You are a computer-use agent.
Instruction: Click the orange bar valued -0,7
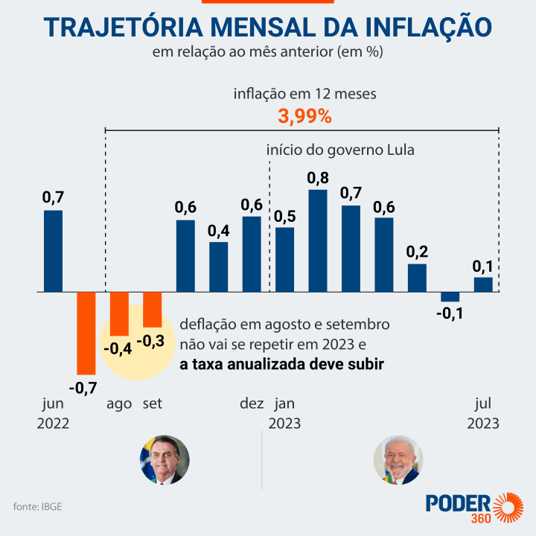point(86,333)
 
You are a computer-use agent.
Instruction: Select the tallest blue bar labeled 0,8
point(318,240)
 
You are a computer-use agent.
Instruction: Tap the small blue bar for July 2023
point(483,284)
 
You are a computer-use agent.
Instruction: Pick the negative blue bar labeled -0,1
point(450,296)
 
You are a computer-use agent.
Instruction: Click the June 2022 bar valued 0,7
point(53,251)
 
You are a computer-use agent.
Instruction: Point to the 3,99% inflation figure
point(304,117)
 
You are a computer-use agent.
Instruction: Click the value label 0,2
point(417,252)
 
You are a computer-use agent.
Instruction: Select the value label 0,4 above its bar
point(219,231)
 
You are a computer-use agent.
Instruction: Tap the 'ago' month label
point(119,403)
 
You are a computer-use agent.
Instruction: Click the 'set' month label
point(152,403)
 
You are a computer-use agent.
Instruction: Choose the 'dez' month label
point(252,403)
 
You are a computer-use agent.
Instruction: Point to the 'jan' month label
point(284,403)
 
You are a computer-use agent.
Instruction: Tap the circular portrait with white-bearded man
point(398,460)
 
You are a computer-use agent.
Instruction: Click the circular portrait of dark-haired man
point(165,460)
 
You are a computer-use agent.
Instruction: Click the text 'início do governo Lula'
point(340,150)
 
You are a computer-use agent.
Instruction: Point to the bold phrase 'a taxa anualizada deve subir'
point(276,364)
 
